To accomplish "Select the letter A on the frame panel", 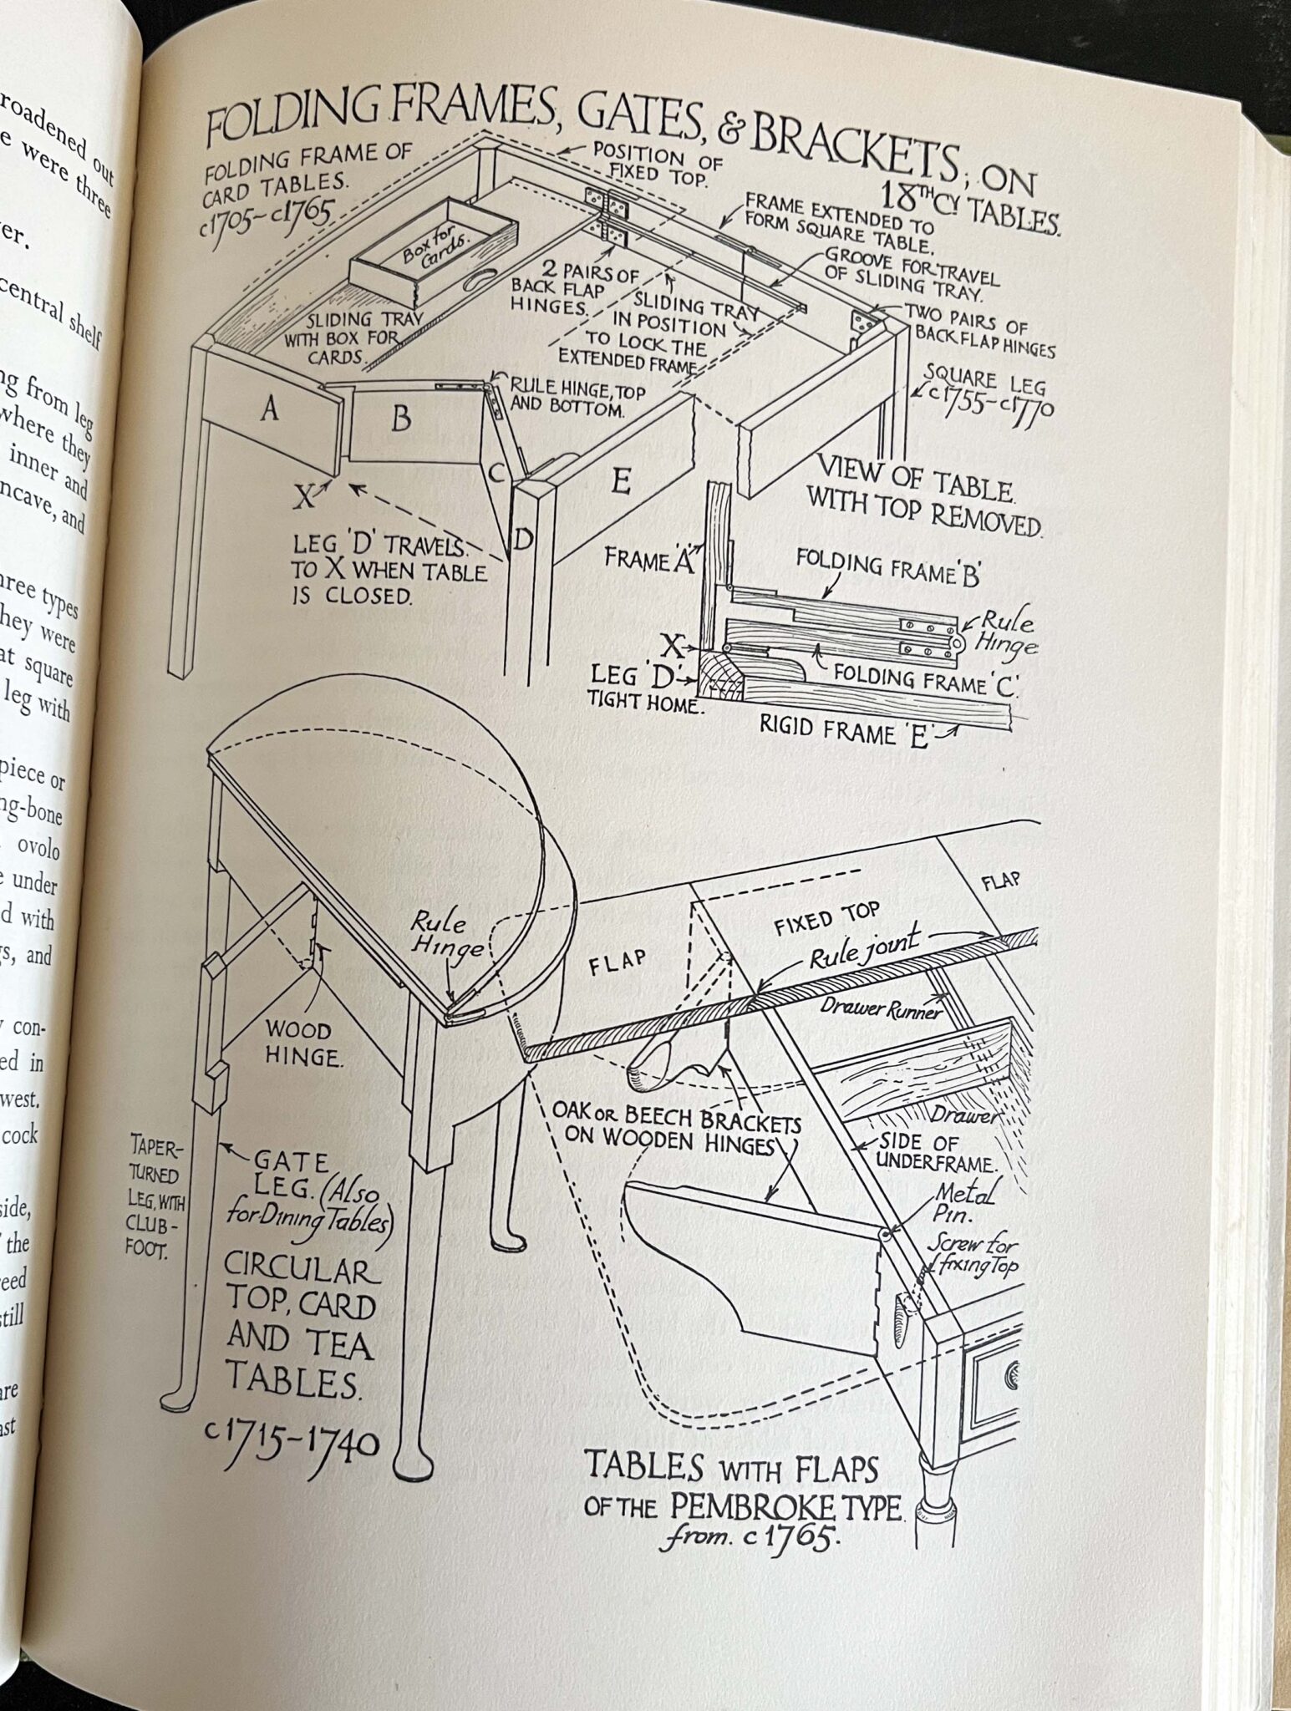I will coord(269,409).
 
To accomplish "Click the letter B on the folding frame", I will coord(401,419).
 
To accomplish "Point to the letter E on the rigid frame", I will coord(620,481).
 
